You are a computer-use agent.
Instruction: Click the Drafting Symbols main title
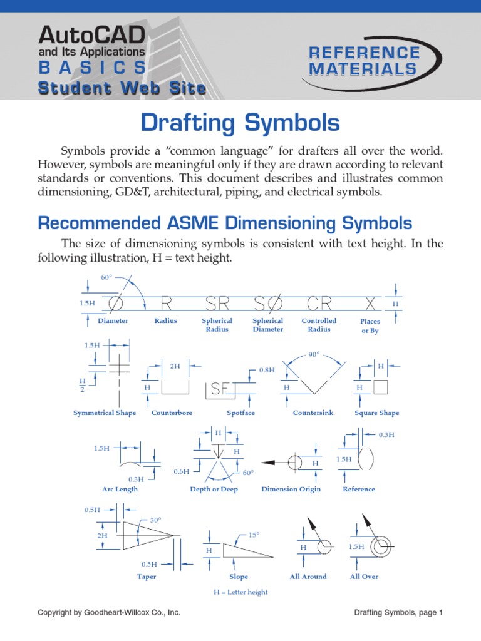(240, 123)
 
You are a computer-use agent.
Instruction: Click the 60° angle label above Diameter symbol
(106, 277)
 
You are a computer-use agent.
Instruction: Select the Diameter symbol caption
(113, 321)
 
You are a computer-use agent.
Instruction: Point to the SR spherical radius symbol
(217, 304)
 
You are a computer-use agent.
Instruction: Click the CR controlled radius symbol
(319, 304)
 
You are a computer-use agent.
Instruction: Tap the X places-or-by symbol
(371, 304)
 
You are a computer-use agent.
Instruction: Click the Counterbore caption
(172, 413)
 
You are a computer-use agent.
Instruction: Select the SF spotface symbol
(220, 389)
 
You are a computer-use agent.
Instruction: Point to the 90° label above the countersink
(314, 354)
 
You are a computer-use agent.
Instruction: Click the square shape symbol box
(380, 387)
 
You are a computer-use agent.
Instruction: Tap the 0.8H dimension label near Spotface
(267, 371)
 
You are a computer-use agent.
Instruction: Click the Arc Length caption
(120, 490)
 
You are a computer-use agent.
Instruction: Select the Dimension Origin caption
(291, 490)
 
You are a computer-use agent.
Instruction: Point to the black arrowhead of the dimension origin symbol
(269, 463)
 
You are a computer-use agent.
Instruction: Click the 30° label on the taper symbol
(155, 520)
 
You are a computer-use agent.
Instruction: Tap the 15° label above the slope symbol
(254, 535)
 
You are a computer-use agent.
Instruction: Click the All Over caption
(364, 577)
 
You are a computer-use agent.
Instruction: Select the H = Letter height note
(240, 592)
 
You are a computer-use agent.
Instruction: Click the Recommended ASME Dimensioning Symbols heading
(225, 223)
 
